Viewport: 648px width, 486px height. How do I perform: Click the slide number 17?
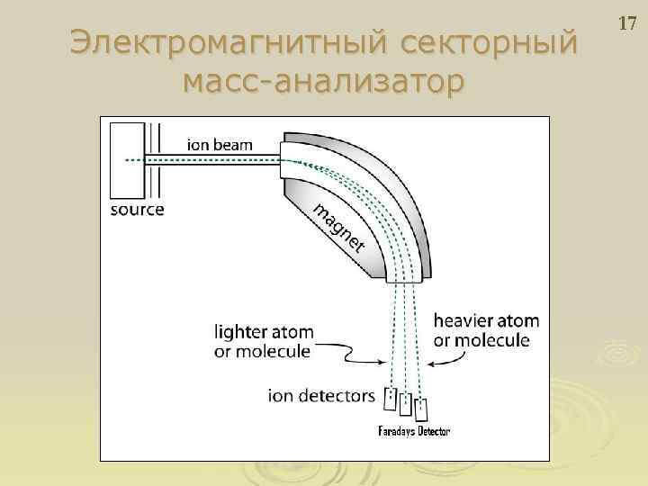626,22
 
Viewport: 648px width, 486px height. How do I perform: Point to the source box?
127,160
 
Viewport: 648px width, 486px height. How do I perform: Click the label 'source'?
137,211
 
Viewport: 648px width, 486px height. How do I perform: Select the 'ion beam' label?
220,143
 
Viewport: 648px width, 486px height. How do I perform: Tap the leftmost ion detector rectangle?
391,397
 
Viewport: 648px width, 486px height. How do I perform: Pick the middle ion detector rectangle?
406,404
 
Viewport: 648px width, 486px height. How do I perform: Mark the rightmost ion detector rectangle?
420,410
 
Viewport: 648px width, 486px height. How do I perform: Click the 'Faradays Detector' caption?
415,432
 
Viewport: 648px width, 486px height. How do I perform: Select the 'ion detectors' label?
321,394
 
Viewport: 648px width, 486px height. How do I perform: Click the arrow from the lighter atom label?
360,357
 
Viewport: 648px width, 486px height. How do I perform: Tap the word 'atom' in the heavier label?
521,320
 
